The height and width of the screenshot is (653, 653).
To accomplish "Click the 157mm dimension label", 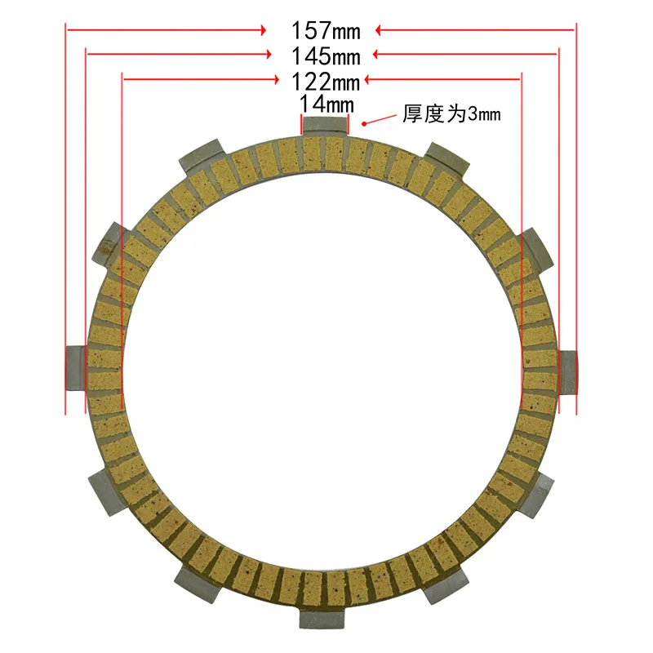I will click(326, 30).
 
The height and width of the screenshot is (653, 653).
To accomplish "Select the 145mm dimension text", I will click(326, 56).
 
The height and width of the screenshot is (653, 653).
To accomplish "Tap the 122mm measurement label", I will click(326, 81).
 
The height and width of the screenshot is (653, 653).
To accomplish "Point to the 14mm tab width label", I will click(326, 104).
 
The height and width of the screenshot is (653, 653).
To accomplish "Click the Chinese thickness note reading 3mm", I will click(451, 115).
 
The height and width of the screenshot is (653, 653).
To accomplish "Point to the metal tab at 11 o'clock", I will click(202, 156).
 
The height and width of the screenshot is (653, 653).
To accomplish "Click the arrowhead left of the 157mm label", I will click(262, 30).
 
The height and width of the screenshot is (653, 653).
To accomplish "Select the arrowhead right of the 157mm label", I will click(380, 30).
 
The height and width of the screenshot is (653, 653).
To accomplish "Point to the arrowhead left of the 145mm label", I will click(268, 56).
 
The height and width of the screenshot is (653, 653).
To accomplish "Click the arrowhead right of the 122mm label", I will click(368, 79).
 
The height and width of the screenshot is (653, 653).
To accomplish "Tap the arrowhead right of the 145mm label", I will click(378, 56).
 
